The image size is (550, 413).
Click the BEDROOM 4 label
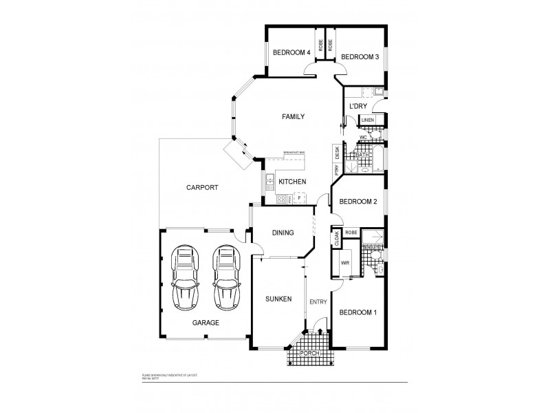click(291, 52)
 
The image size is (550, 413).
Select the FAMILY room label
click(293, 117)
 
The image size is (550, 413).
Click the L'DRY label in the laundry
click(357, 106)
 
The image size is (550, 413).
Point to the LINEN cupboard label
click(368, 120)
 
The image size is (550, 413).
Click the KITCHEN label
click(292, 182)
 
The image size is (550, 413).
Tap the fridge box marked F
click(299, 198)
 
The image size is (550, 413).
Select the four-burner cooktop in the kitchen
click(280, 200)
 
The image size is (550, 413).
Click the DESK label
click(337, 153)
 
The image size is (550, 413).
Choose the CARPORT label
click(202, 187)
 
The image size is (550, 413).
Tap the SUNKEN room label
click(278, 299)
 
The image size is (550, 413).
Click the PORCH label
click(312, 354)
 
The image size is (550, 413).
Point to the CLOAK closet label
click(337, 237)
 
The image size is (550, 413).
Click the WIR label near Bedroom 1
click(345, 262)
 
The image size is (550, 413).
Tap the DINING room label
click(282, 233)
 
